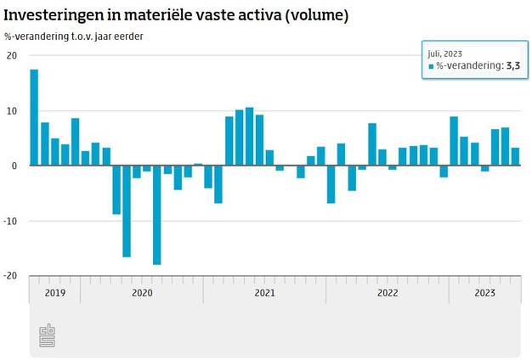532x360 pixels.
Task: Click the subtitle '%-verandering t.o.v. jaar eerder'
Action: pyautogui.click(x=74, y=37)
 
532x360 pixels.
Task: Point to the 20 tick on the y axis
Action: pyautogui.click(x=12, y=56)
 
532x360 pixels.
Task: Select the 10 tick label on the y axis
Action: pyautogui.click(x=12, y=111)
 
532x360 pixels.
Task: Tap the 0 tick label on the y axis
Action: pyautogui.click(x=14, y=166)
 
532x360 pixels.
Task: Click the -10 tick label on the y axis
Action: pyautogui.click(x=11, y=221)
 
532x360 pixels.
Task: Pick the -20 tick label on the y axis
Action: pyautogui.click(x=11, y=276)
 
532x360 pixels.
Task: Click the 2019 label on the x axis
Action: pyautogui.click(x=54, y=293)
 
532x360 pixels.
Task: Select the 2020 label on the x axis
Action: pyautogui.click(x=142, y=293)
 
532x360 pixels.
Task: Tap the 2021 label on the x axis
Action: pyautogui.click(x=264, y=293)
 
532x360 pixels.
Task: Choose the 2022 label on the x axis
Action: pyautogui.click(x=388, y=293)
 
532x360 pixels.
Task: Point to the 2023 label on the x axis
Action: pyautogui.click(x=484, y=293)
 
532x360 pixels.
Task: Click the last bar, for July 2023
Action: pyautogui.click(x=515, y=157)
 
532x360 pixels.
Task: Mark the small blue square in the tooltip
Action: pyautogui.click(x=431, y=66)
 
